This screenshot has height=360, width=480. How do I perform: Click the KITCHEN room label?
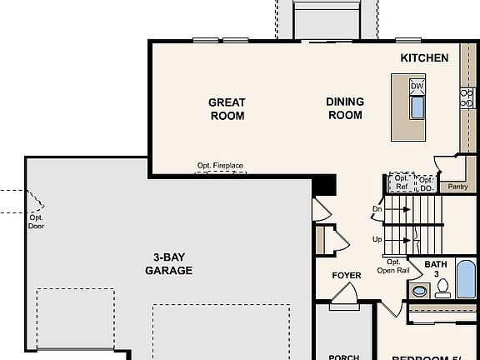424,58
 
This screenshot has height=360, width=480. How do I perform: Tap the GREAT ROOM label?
227,109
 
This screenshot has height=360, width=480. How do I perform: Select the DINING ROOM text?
345,108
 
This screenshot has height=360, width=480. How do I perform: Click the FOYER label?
347,276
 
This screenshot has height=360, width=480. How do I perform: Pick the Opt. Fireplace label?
220,166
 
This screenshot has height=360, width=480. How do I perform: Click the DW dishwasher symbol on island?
417,87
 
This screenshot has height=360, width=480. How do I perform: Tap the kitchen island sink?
417,107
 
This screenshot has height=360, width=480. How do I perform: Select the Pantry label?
457,187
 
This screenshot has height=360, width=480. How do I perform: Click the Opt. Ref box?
402,182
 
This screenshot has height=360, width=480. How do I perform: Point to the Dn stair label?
377,209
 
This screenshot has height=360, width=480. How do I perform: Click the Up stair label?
377,239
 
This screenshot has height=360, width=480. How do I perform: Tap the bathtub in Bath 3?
465,279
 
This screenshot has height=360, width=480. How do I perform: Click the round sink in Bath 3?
420,292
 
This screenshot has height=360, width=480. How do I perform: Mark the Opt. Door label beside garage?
36,221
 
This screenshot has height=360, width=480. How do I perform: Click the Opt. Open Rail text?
392,266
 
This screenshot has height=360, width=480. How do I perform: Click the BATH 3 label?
436,269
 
